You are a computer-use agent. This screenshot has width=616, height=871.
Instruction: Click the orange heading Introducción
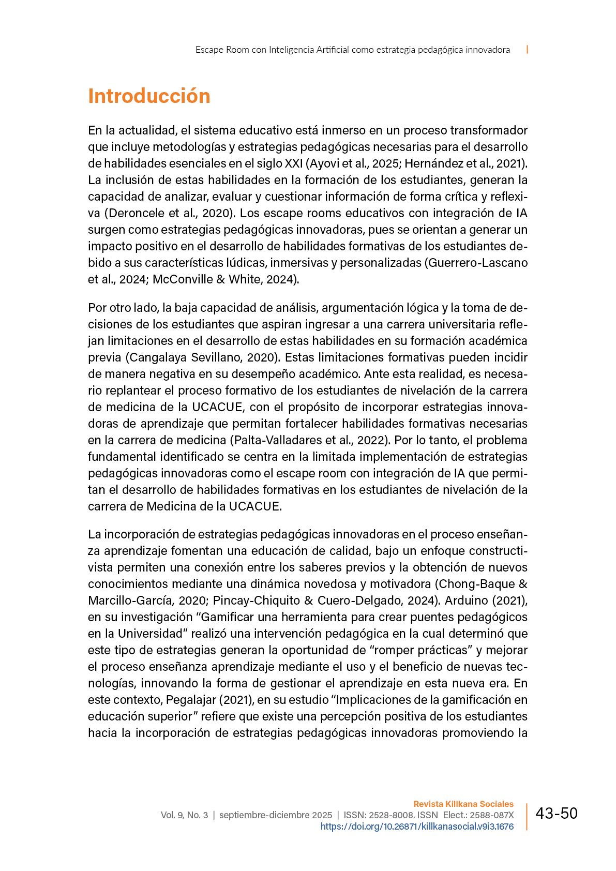149,96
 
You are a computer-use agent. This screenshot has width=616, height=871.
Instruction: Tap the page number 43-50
556,814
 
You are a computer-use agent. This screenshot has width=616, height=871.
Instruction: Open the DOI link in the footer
417,827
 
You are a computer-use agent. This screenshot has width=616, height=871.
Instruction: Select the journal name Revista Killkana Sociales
463,804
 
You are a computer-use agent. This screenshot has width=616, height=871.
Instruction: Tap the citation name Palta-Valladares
278,440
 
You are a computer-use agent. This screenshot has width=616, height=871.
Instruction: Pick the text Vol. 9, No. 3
184,815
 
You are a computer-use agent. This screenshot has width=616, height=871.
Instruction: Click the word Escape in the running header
209,50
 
